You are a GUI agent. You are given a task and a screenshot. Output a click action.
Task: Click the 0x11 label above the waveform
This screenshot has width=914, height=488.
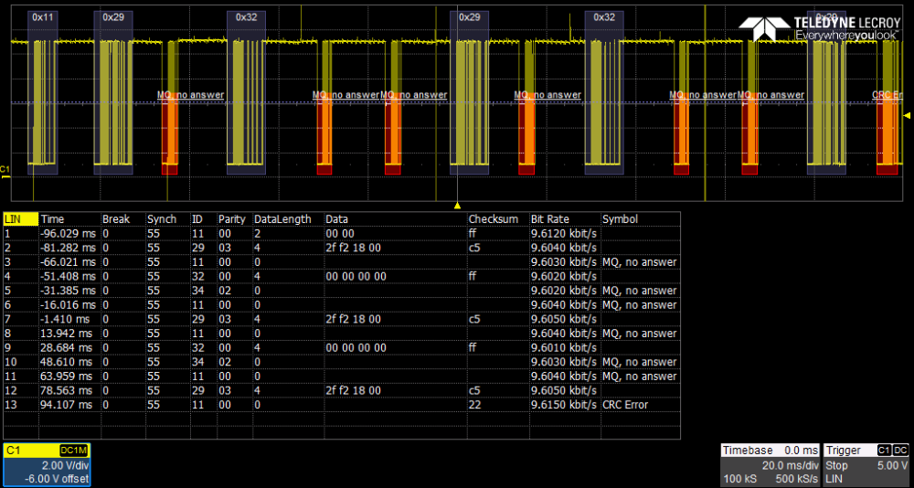pos(42,17)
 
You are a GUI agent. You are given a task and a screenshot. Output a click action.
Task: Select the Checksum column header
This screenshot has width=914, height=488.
pos(494,219)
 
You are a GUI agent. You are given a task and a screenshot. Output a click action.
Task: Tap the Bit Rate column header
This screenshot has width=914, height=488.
pos(550,219)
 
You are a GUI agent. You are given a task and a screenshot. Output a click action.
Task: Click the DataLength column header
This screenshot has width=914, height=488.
pos(282,219)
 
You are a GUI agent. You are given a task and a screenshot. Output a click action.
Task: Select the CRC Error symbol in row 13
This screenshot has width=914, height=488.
pos(625,405)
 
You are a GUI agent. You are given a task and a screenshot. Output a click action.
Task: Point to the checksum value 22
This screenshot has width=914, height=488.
pos(473,405)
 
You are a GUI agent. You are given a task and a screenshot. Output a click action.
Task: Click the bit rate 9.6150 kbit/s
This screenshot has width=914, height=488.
pos(564,405)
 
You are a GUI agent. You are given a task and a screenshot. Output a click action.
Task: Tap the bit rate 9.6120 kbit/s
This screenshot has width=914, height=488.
pos(564,233)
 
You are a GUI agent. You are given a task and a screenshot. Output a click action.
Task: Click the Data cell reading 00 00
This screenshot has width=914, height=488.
pos(339,233)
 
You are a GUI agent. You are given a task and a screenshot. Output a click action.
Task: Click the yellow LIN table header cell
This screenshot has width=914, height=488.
pos(20,219)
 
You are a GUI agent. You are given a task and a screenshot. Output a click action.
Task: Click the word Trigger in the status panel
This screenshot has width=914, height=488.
pos(843,451)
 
